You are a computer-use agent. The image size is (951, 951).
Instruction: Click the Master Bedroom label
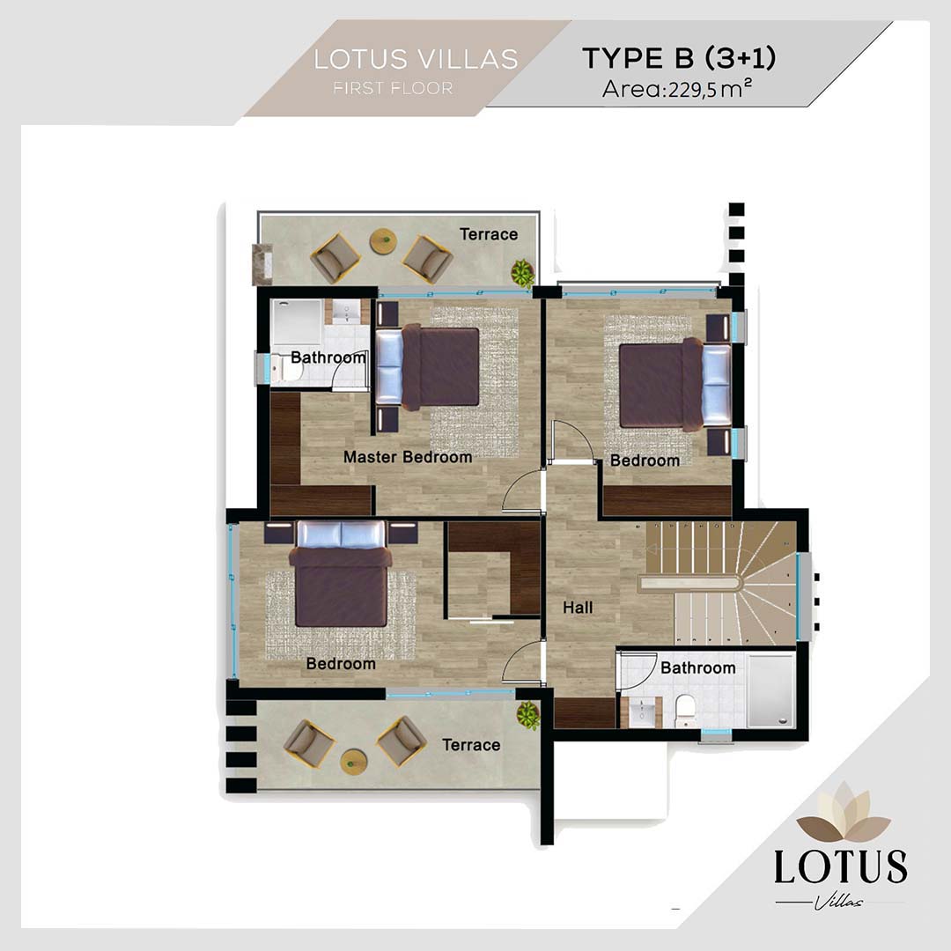pyautogui.click(x=408, y=457)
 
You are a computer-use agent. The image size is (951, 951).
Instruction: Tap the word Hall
pyautogui.click(x=578, y=607)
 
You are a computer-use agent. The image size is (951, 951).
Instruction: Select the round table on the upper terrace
pyautogui.click(x=383, y=240)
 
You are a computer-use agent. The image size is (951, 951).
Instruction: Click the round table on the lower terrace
pyautogui.click(x=354, y=763)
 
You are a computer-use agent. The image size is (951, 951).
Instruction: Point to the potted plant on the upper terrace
pyautogui.click(x=522, y=273)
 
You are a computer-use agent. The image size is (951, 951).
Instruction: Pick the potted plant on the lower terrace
pyautogui.click(x=527, y=715)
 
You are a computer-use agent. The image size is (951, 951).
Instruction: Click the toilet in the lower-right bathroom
pyautogui.click(x=685, y=711)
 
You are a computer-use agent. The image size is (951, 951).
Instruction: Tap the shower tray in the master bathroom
pyautogui.click(x=298, y=322)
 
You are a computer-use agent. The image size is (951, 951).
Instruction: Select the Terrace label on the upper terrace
pyautogui.click(x=488, y=234)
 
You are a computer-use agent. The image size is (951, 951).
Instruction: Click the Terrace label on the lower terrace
pyautogui.click(x=471, y=745)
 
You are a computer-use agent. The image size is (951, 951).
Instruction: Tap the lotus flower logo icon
pyautogui.click(x=843, y=813)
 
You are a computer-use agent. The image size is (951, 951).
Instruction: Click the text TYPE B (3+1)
pyautogui.click(x=679, y=58)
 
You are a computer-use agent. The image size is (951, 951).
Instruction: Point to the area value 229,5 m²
pyautogui.click(x=709, y=89)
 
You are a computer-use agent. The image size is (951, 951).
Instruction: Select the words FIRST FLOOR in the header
pyautogui.click(x=393, y=89)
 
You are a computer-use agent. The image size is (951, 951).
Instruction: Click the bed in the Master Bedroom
pyautogui.click(x=428, y=366)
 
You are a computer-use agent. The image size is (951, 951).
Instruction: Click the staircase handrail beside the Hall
pyautogui.click(x=691, y=584)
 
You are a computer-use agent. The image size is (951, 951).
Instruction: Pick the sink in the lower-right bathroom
pyautogui.click(x=641, y=711)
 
